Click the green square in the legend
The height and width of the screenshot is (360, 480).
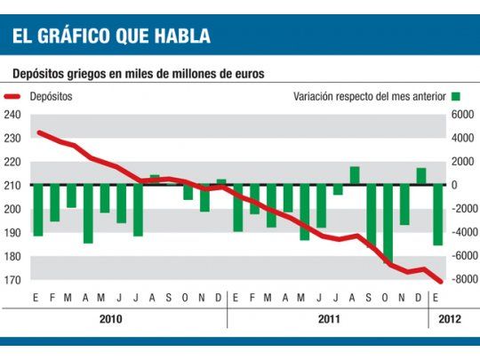click(x=455, y=96)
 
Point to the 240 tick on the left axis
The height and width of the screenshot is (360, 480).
click(x=12, y=115)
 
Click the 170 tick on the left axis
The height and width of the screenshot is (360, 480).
click(x=12, y=280)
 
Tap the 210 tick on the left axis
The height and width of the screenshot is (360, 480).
click(x=12, y=186)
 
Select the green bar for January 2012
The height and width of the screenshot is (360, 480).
click(x=437, y=214)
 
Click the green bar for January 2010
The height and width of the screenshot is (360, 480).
click(x=37, y=210)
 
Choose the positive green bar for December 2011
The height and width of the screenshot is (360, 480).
click(x=421, y=176)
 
